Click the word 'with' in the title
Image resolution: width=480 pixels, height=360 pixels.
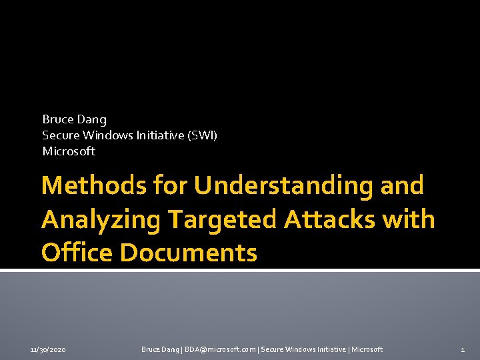click(x=412, y=219)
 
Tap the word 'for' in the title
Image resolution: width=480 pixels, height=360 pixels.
click(x=167, y=185)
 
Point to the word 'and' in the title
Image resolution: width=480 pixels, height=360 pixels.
click(x=401, y=185)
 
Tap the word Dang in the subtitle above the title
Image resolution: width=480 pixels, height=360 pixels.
click(x=92, y=119)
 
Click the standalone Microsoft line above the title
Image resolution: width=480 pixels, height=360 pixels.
click(x=69, y=151)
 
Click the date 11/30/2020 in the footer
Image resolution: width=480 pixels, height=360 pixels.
click(x=48, y=349)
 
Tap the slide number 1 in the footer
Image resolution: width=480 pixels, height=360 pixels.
click(x=463, y=349)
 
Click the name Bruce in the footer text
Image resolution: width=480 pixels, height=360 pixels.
click(x=151, y=349)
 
